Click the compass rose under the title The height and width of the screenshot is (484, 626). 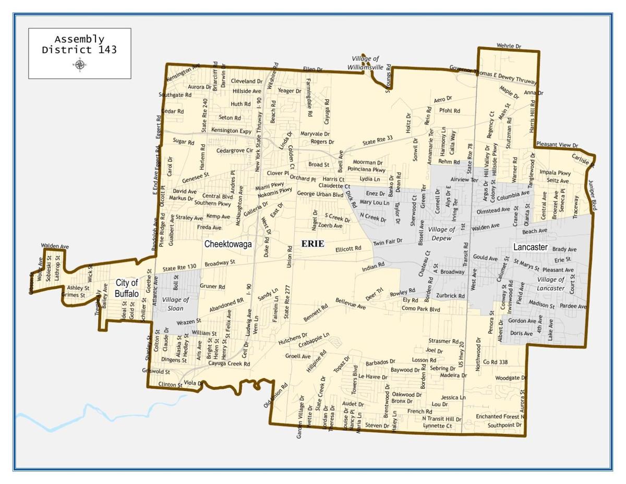[x=80, y=65]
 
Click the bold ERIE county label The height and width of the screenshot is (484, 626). [x=312, y=244]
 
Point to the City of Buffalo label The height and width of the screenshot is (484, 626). [x=127, y=288]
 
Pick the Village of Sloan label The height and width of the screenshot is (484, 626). [x=176, y=303]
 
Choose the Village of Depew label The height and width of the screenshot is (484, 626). [x=441, y=233]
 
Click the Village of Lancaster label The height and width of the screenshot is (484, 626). [x=550, y=284]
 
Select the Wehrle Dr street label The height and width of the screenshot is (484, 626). [x=509, y=46]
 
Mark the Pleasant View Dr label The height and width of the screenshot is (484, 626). [x=557, y=146]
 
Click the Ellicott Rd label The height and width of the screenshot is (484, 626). [x=348, y=249]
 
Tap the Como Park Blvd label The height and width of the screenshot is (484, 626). [x=421, y=310]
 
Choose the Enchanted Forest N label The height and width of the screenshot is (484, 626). [x=500, y=417]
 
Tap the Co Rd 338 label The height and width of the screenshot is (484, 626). [x=496, y=362]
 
